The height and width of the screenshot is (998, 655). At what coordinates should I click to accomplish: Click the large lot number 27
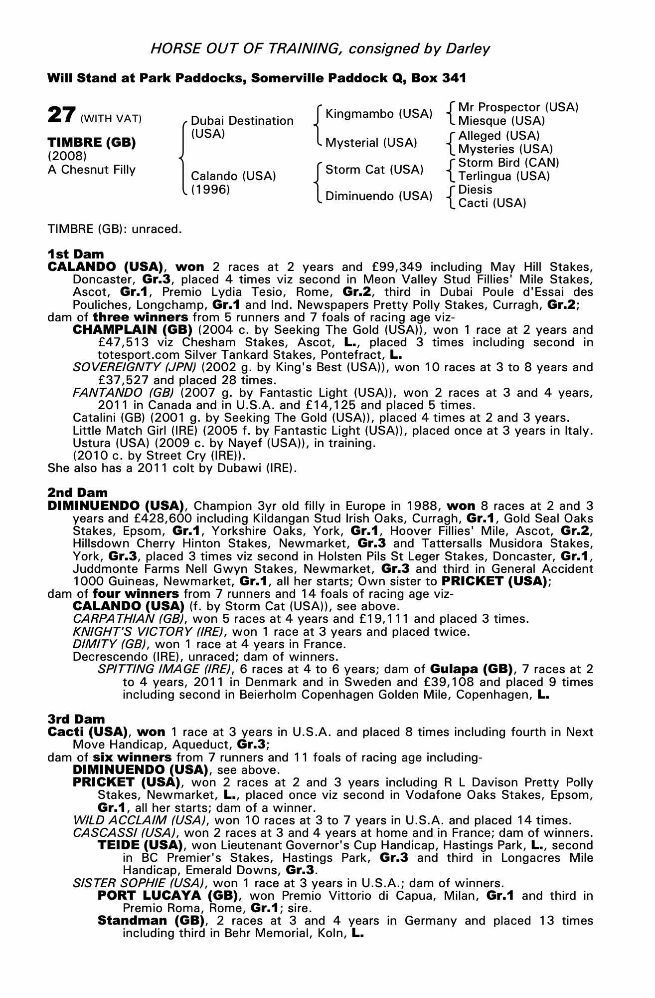(61, 115)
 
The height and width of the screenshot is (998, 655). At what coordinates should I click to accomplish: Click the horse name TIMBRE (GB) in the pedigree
(92, 142)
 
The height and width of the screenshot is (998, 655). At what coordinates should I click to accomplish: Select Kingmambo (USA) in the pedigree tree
(378, 114)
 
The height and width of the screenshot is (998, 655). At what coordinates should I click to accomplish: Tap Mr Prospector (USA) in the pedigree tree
(518, 107)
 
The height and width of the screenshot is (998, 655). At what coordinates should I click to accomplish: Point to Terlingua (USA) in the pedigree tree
(504, 176)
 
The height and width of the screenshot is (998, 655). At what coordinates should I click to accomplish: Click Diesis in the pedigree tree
(475, 190)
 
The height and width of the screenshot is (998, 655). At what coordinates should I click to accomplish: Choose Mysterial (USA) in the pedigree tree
(371, 143)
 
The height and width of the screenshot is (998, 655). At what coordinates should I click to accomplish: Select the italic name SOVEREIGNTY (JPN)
(135, 368)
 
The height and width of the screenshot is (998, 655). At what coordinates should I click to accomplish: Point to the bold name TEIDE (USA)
(139, 845)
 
